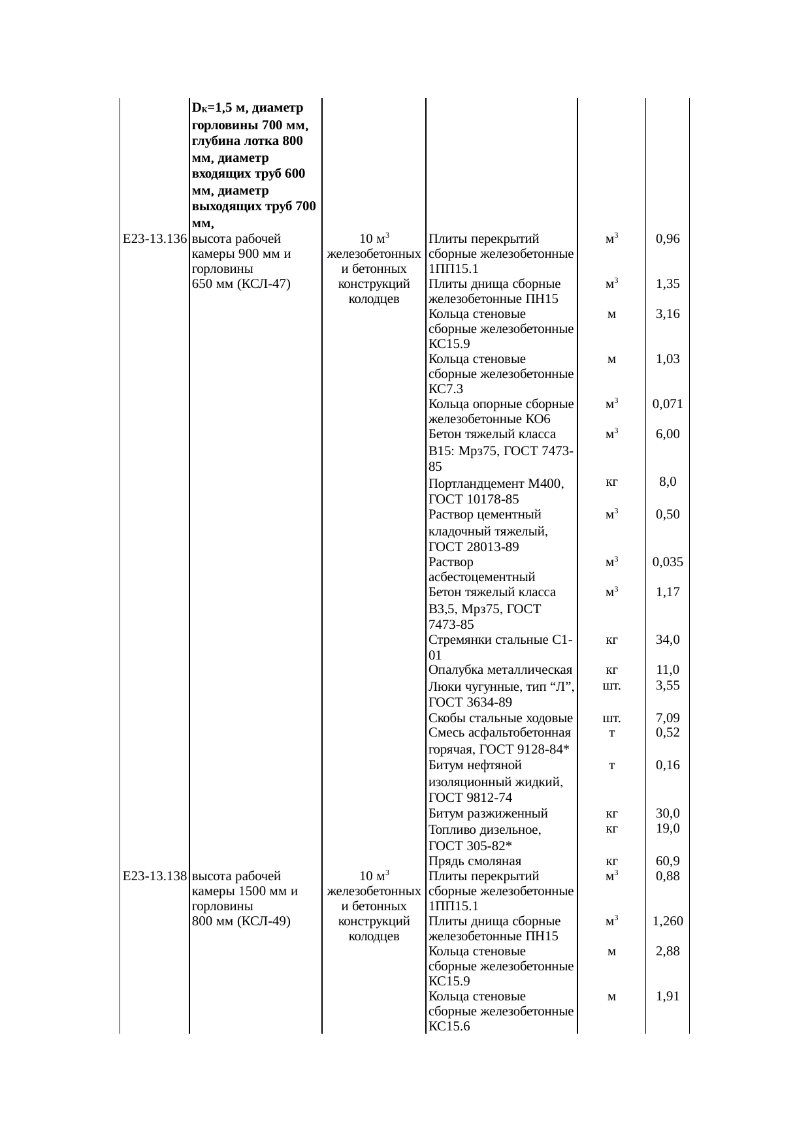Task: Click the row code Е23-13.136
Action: click(155, 239)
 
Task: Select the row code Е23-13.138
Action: click(155, 876)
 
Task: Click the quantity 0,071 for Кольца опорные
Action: click(668, 404)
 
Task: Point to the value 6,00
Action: click(668, 435)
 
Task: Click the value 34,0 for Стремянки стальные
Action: click(668, 640)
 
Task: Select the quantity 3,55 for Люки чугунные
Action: click(668, 686)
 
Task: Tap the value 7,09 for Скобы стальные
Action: click(668, 719)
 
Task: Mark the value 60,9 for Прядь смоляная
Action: click(668, 861)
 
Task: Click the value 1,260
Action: click(668, 922)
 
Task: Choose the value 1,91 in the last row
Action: click(668, 997)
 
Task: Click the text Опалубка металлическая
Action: click(500, 670)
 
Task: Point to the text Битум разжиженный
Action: click(488, 814)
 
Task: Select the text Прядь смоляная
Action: click(475, 861)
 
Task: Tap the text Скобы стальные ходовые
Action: click(500, 719)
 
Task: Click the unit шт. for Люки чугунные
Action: click(611, 686)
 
